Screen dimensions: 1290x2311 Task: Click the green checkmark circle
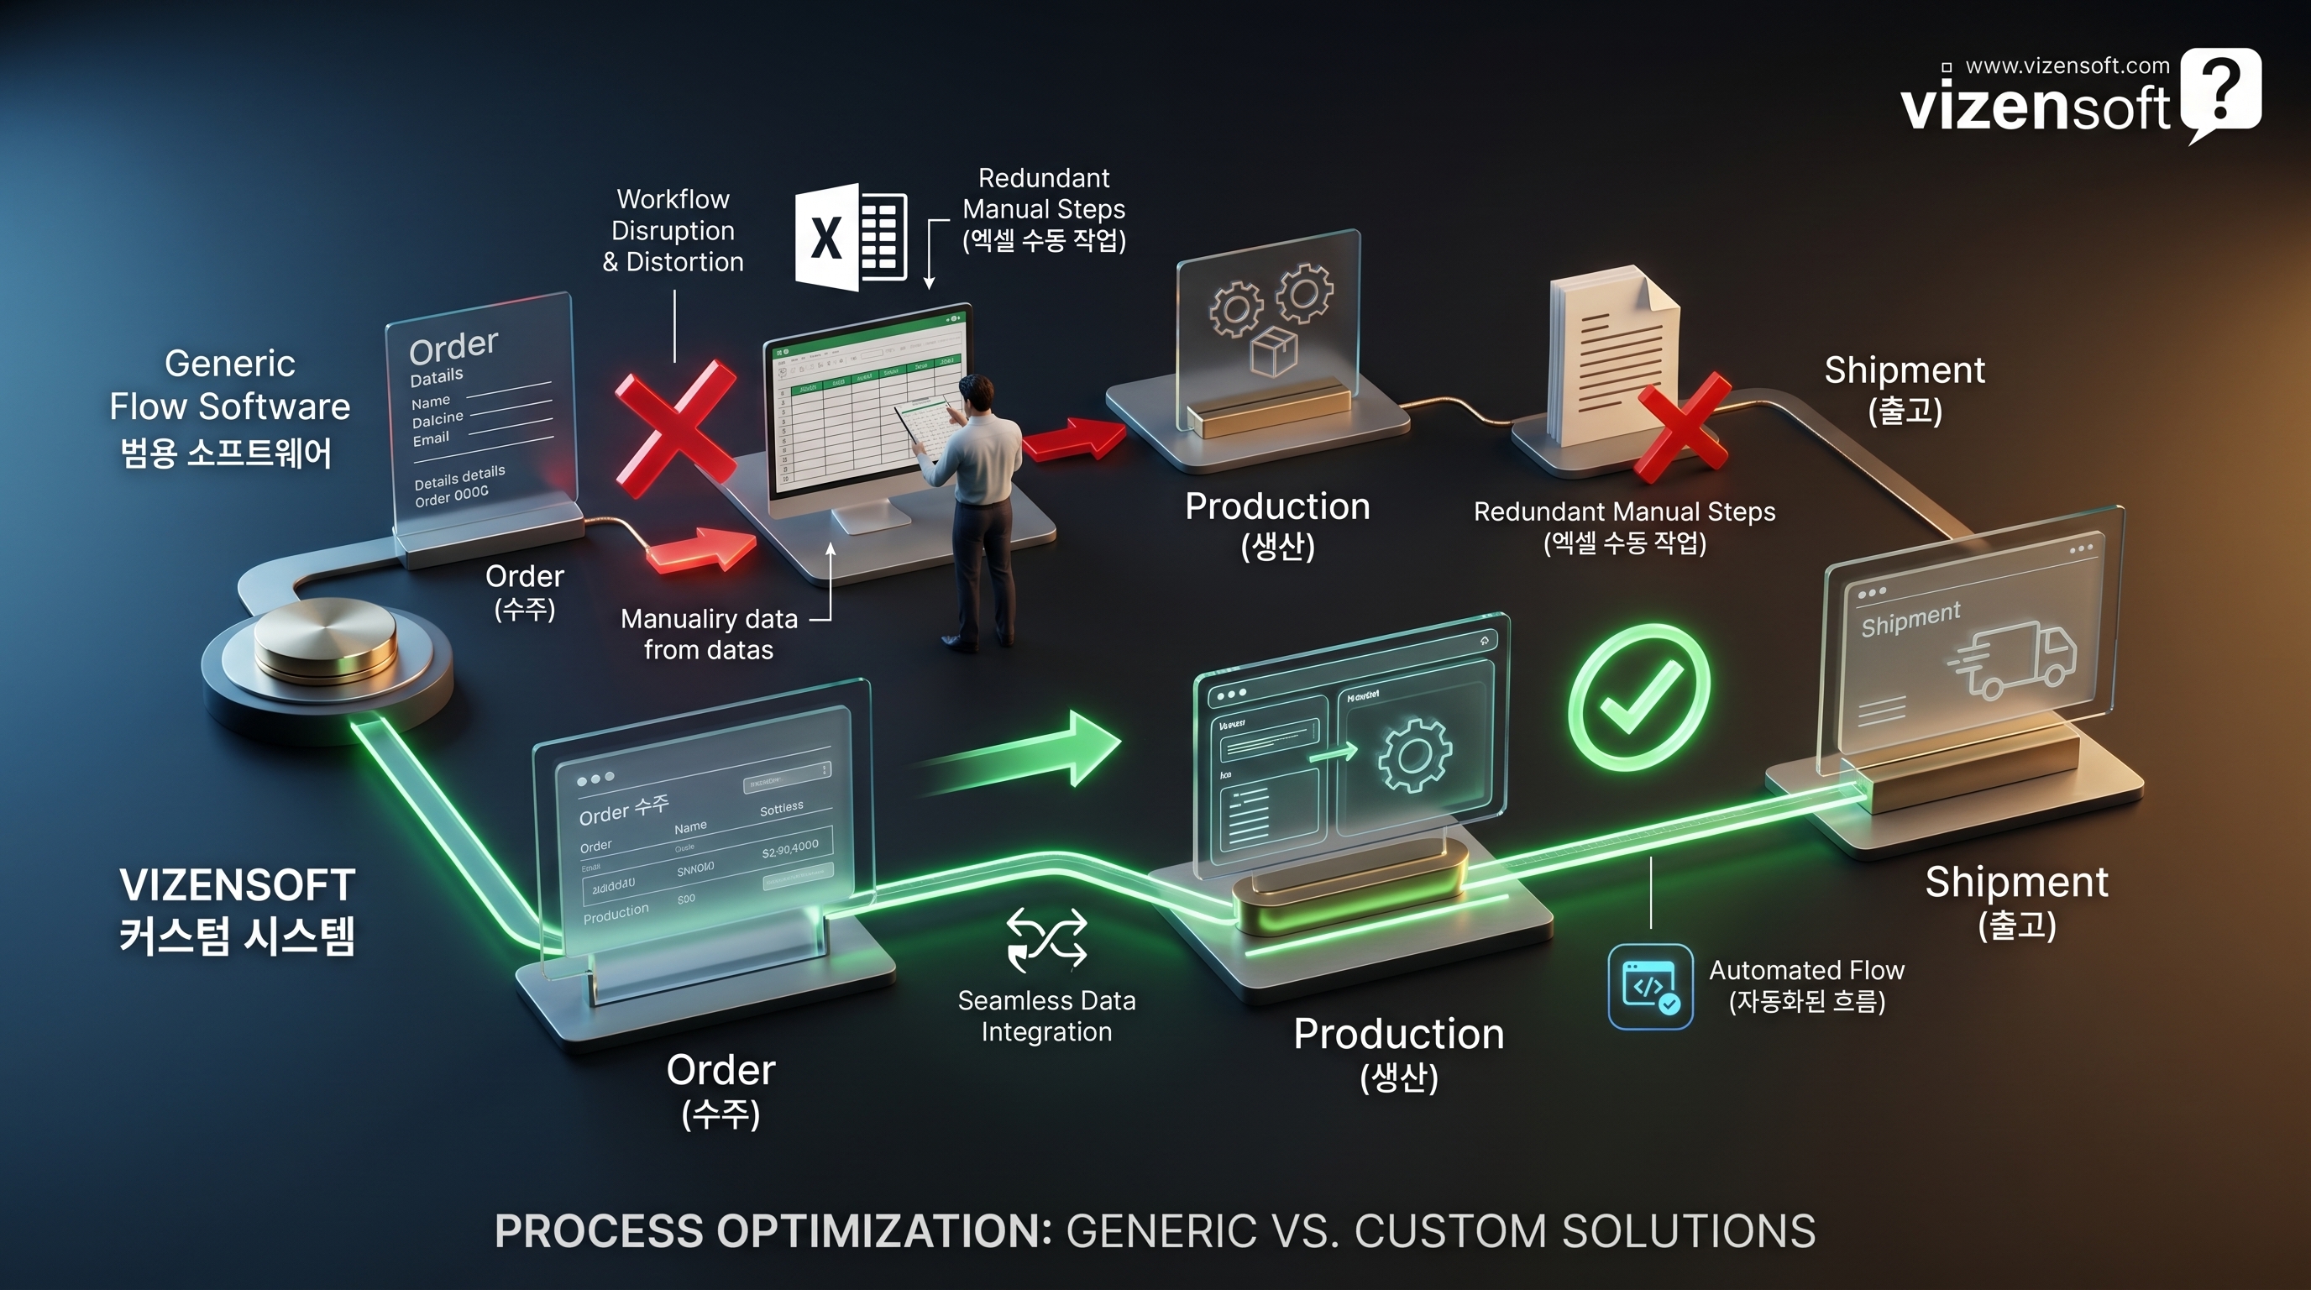1639,697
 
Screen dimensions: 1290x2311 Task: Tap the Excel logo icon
851,237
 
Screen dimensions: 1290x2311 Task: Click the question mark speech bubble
2220,92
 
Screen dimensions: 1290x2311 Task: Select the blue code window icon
1650,986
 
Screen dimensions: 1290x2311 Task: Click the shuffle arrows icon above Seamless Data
1046,938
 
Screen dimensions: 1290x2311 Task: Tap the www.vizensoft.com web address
2067,66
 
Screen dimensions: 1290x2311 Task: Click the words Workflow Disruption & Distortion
673,231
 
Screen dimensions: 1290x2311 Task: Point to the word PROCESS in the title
599,1231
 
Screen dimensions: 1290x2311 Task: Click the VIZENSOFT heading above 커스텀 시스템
238,885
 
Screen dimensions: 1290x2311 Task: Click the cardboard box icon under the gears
1274,350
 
